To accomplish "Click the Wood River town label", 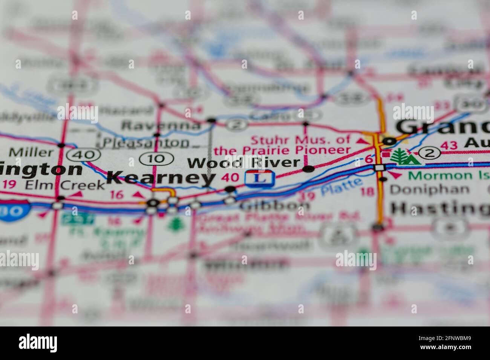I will (244, 163).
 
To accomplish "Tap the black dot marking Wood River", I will (309, 169).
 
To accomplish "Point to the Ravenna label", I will (162, 125).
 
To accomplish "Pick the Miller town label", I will (31, 153).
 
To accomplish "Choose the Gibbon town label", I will (275, 206).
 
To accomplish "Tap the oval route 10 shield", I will (156, 159).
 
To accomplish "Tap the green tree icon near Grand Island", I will (405, 156).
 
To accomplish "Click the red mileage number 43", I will (449, 145).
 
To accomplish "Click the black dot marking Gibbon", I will (230, 189).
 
